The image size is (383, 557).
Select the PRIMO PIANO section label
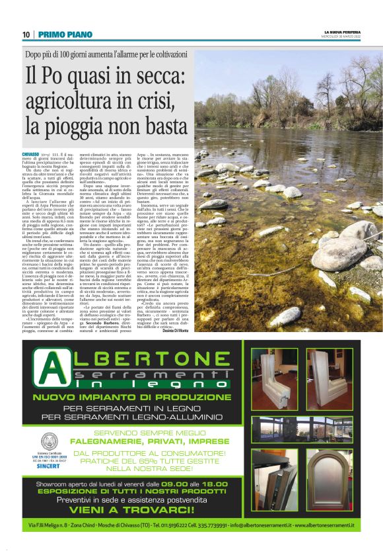[x=58, y=34]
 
